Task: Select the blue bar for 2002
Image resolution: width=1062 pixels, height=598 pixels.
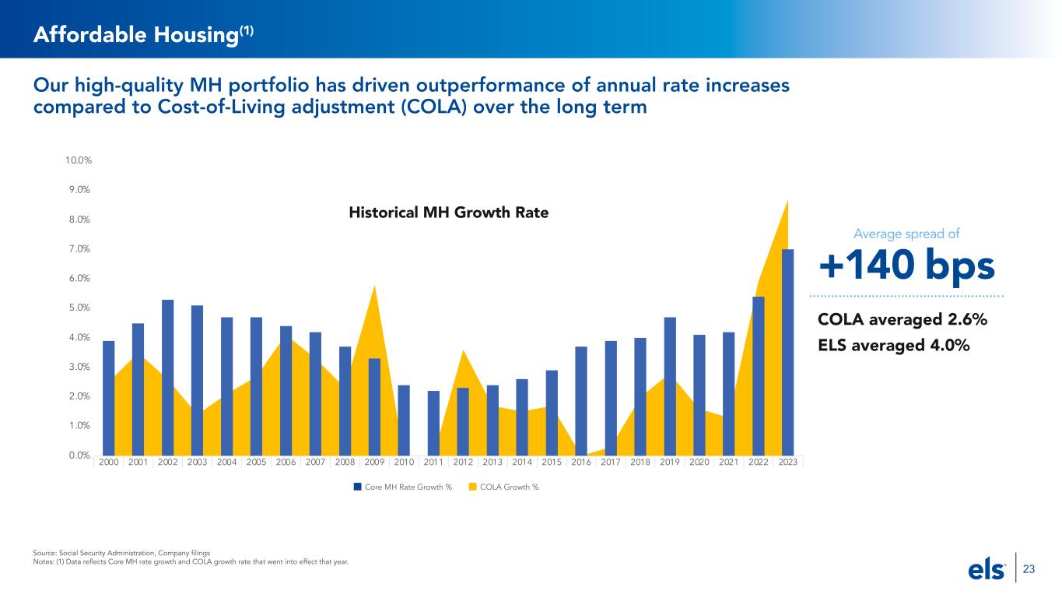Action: coord(168,377)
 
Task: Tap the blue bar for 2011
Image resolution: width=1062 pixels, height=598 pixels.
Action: coord(433,423)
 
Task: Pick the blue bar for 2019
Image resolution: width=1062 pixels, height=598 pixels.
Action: coord(670,385)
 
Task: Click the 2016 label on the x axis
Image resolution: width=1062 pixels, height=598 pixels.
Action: coord(581,462)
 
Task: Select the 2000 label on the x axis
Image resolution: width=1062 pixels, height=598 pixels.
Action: coord(109,462)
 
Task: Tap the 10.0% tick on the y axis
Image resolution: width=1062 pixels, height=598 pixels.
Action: coord(79,160)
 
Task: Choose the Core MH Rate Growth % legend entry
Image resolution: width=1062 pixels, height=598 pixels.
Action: coord(402,487)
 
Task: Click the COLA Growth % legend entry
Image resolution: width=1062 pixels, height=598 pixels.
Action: coord(504,487)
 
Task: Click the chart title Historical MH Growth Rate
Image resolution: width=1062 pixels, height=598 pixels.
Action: coord(447,213)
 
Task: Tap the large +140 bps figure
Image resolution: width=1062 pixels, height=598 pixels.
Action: coord(906,266)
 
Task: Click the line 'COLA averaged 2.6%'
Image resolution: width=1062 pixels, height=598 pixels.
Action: coord(902,320)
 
